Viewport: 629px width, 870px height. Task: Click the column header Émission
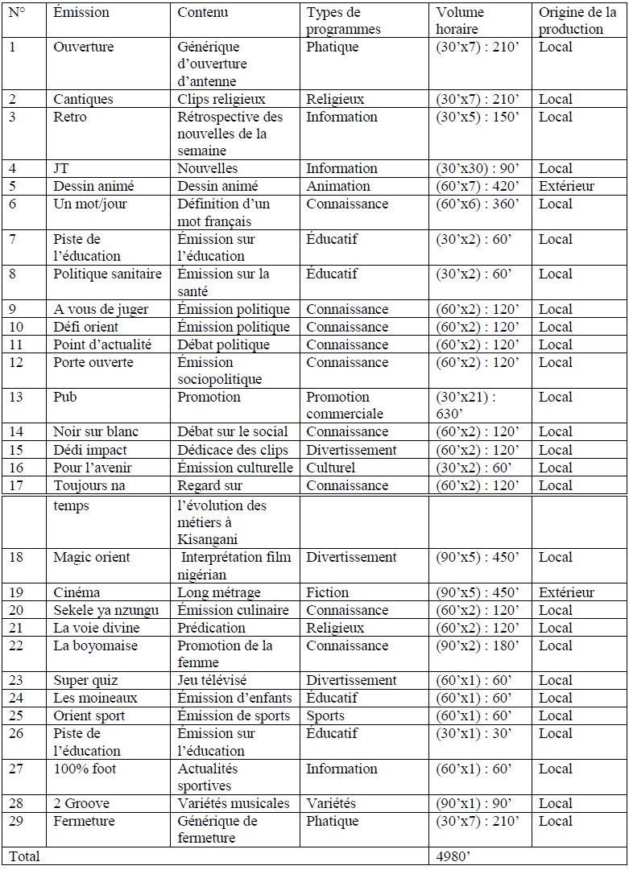pos(81,12)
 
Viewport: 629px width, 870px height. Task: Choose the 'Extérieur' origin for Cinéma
pos(567,592)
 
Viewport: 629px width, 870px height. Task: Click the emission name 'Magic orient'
pos(92,557)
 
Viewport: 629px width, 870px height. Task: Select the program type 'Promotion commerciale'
pos(345,405)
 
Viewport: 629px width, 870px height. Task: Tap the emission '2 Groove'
pos(81,803)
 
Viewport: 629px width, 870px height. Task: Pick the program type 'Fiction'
pos(328,592)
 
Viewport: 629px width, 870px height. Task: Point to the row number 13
pos(16,397)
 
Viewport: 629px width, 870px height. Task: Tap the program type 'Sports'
pos(325,715)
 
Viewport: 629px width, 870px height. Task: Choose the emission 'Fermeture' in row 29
pos(85,821)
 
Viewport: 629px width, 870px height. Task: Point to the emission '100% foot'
pos(85,769)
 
